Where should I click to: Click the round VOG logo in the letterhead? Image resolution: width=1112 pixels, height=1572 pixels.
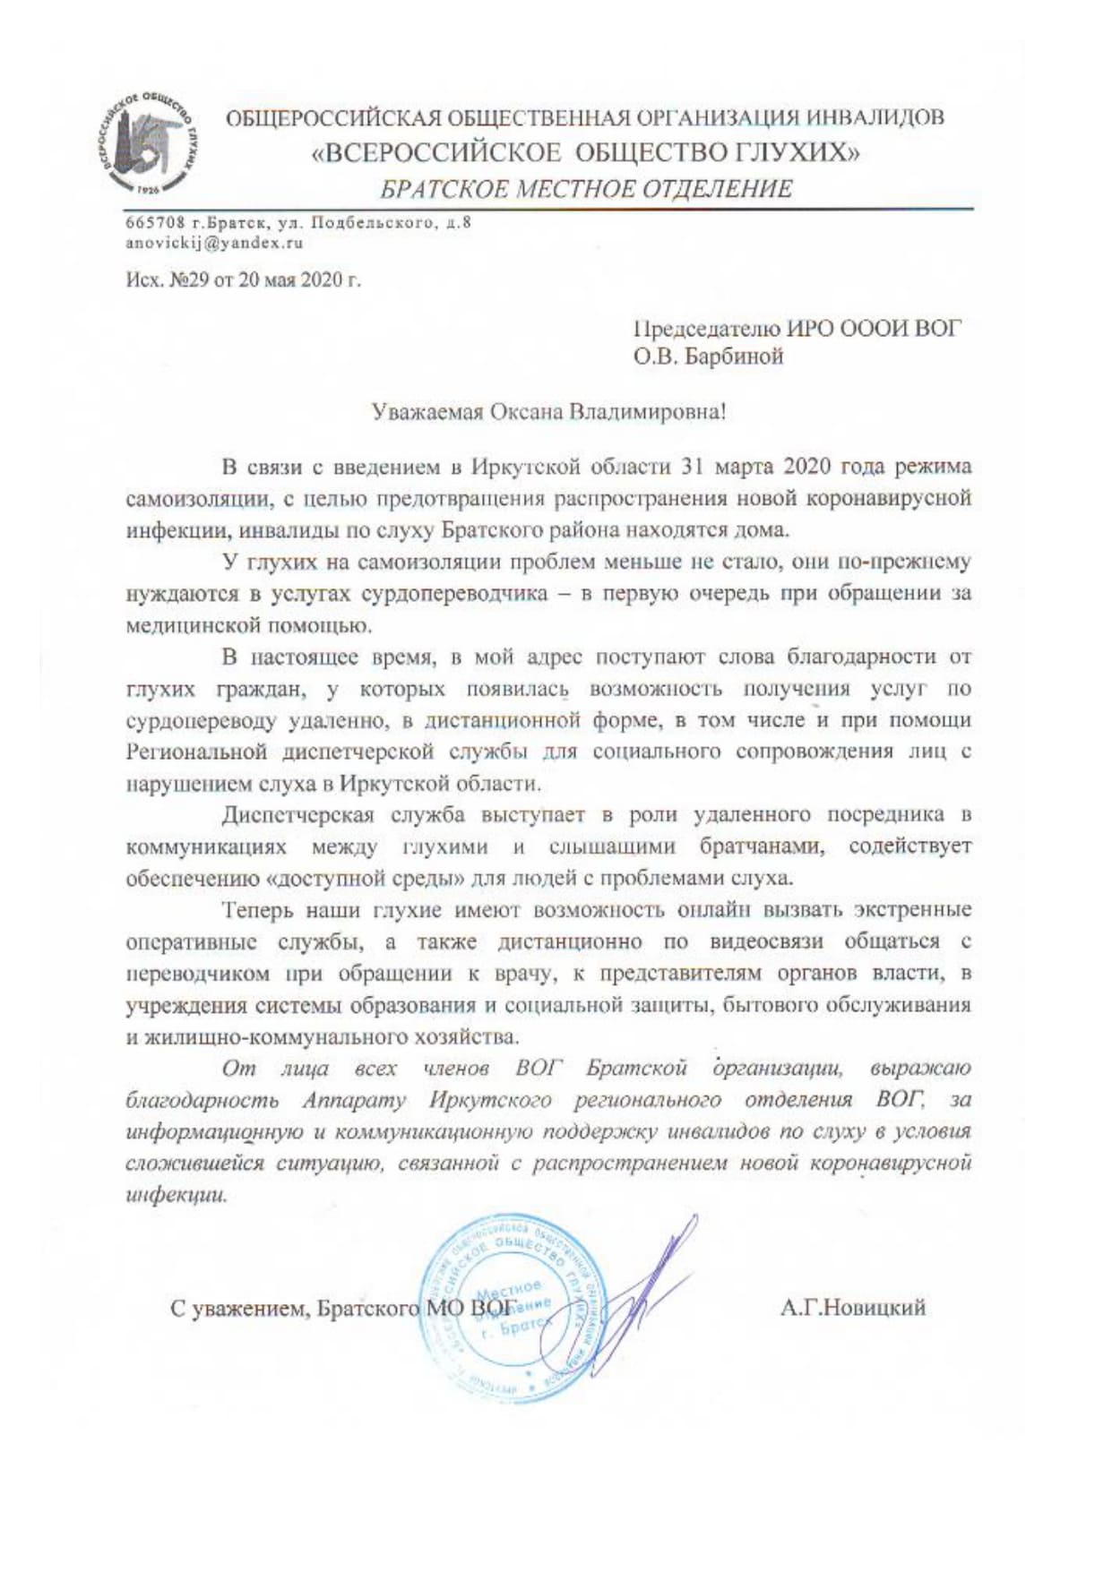[145, 144]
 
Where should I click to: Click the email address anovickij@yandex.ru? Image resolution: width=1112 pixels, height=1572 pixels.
[214, 243]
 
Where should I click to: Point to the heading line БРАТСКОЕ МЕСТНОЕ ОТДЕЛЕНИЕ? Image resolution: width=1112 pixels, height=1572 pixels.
[586, 189]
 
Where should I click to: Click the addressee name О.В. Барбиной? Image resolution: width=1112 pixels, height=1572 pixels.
[708, 356]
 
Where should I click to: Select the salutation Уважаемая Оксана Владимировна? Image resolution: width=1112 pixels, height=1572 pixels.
[548, 412]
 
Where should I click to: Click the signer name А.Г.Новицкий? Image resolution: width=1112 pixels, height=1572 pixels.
[852, 1308]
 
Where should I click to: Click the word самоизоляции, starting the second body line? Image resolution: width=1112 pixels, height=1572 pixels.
[185, 499]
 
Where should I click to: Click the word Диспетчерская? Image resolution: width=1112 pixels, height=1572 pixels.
[297, 814]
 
